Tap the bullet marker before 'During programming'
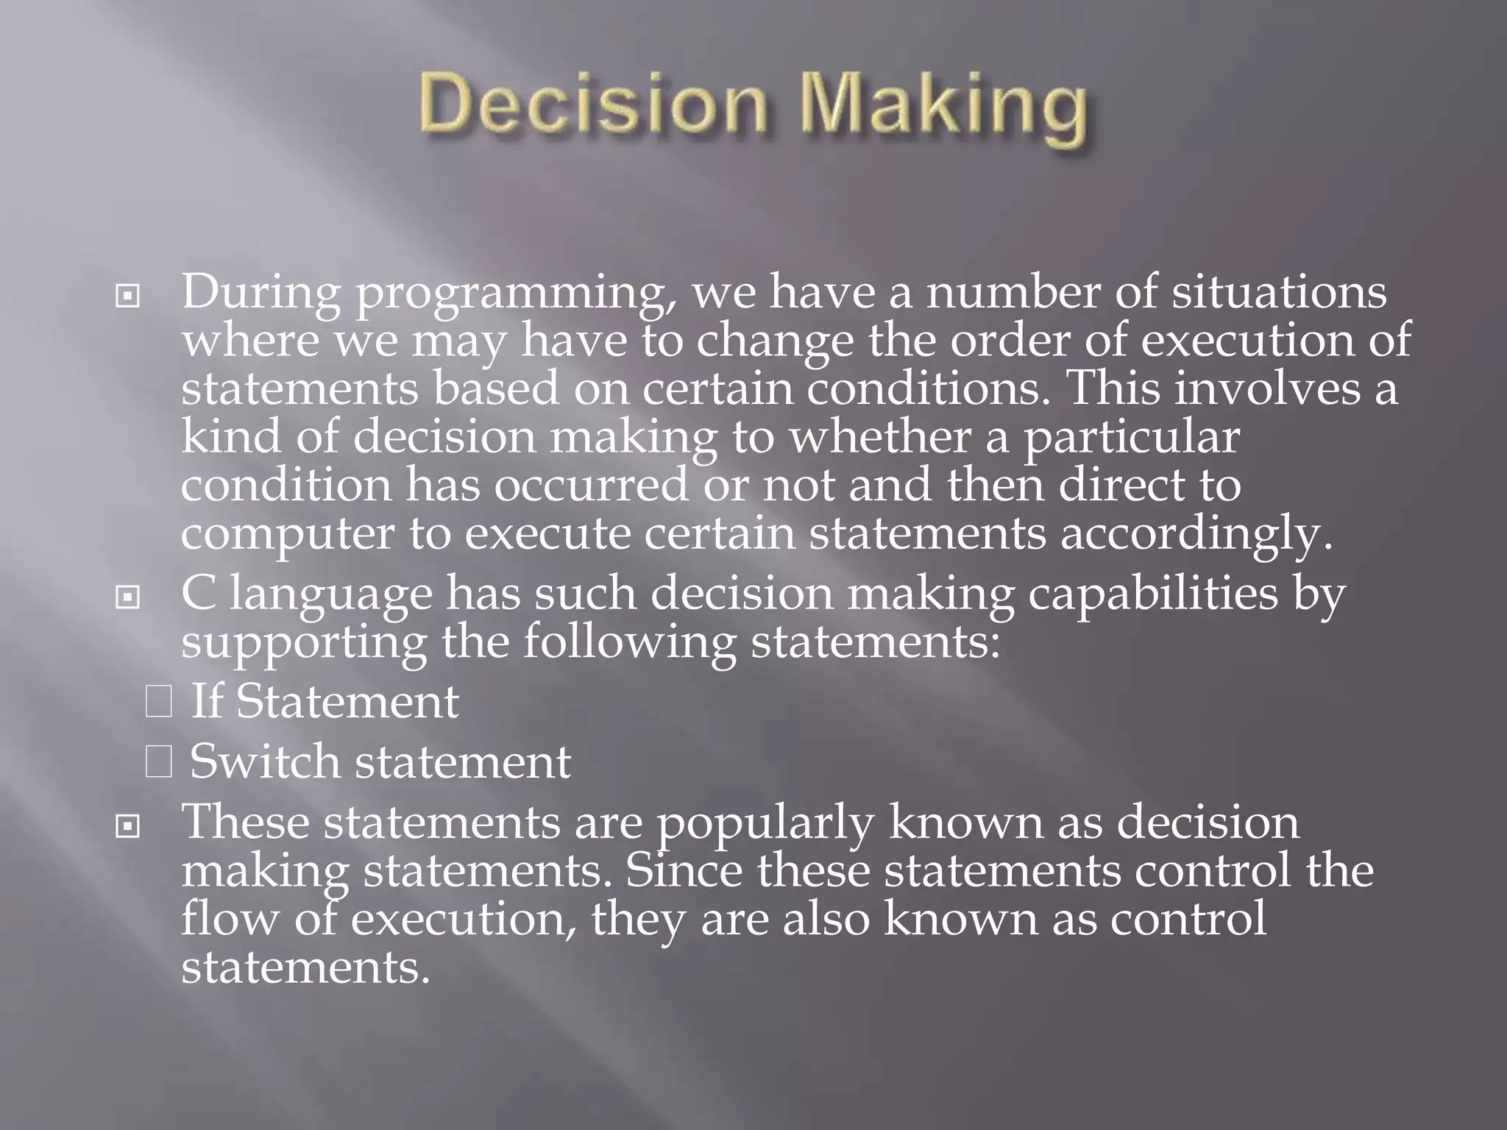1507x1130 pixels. click(x=128, y=297)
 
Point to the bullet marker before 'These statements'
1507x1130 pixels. click(x=128, y=827)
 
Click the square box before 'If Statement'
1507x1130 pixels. click(x=159, y=700)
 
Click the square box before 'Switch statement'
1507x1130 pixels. click(x=159, y=762)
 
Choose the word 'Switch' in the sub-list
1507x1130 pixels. click(x=265, y=761)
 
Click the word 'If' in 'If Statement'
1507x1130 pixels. click(x=206, y=700)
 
